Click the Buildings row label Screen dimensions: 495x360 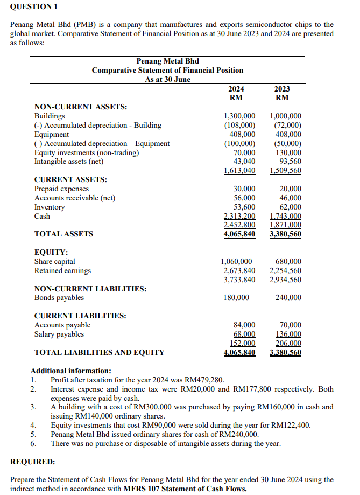50,116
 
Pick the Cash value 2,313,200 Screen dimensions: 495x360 239,216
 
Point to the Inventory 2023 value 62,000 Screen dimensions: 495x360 291,207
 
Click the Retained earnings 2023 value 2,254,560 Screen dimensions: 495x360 285,270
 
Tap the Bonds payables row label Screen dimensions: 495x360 59,298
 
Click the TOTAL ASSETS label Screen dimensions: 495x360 63,234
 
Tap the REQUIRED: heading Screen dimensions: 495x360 33,462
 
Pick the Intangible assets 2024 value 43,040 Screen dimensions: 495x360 244,162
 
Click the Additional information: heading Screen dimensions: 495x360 70,371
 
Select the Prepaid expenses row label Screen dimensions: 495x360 61,189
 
